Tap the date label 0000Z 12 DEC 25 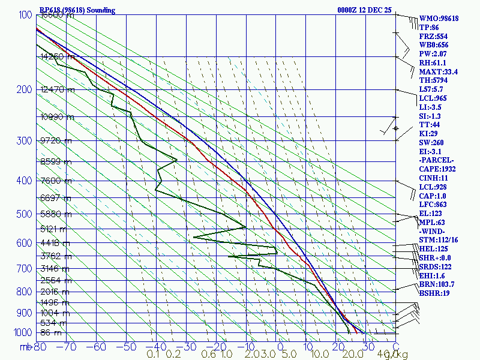(x=364, y=10)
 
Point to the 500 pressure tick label (x=23, y=214)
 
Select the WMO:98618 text (x=439, y=19)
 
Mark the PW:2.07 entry (x=433, y=54)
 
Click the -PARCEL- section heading (x=436, y=161)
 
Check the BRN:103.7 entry (x=436, y=284)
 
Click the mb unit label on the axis (x=25, y=347)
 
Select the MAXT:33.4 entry (x=438, y=72)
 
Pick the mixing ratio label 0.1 (x=153, y=355)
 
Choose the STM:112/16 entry (x=438, y=240)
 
